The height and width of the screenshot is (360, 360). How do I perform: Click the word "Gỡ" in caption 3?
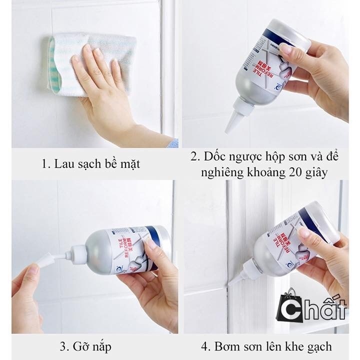[x=85, y=346]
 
